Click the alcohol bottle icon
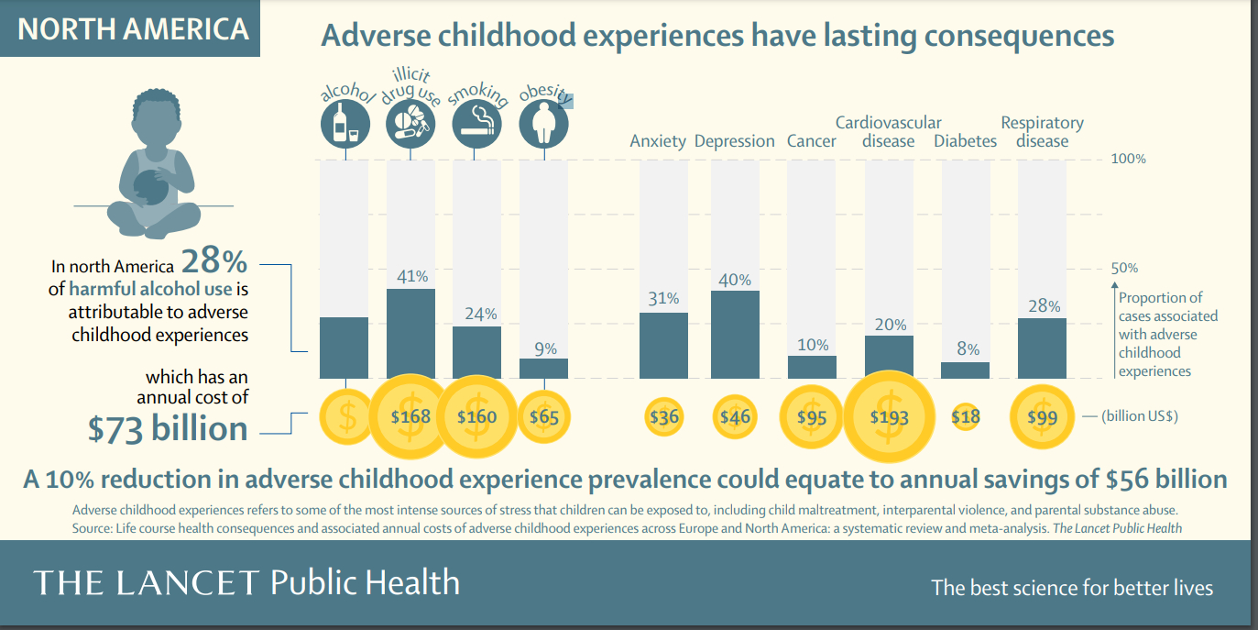click(345, 123)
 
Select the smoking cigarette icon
click(476, 123)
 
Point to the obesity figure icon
click(543, 123)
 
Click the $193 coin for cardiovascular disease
click(889, 416)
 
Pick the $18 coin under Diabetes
click(966, 416)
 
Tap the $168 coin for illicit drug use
click(410, 416)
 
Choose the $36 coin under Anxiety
click(664, 416)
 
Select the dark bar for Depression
click(735, 334)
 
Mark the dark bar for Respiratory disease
click(1042, 348)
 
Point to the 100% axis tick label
click(1128, 159)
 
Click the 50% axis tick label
click(1124, 268)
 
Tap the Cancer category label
click(811, 140)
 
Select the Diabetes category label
click(966, 140)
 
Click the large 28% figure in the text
click(214, 262)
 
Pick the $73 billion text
click(168, 428)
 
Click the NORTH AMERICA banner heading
click(133, 28)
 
